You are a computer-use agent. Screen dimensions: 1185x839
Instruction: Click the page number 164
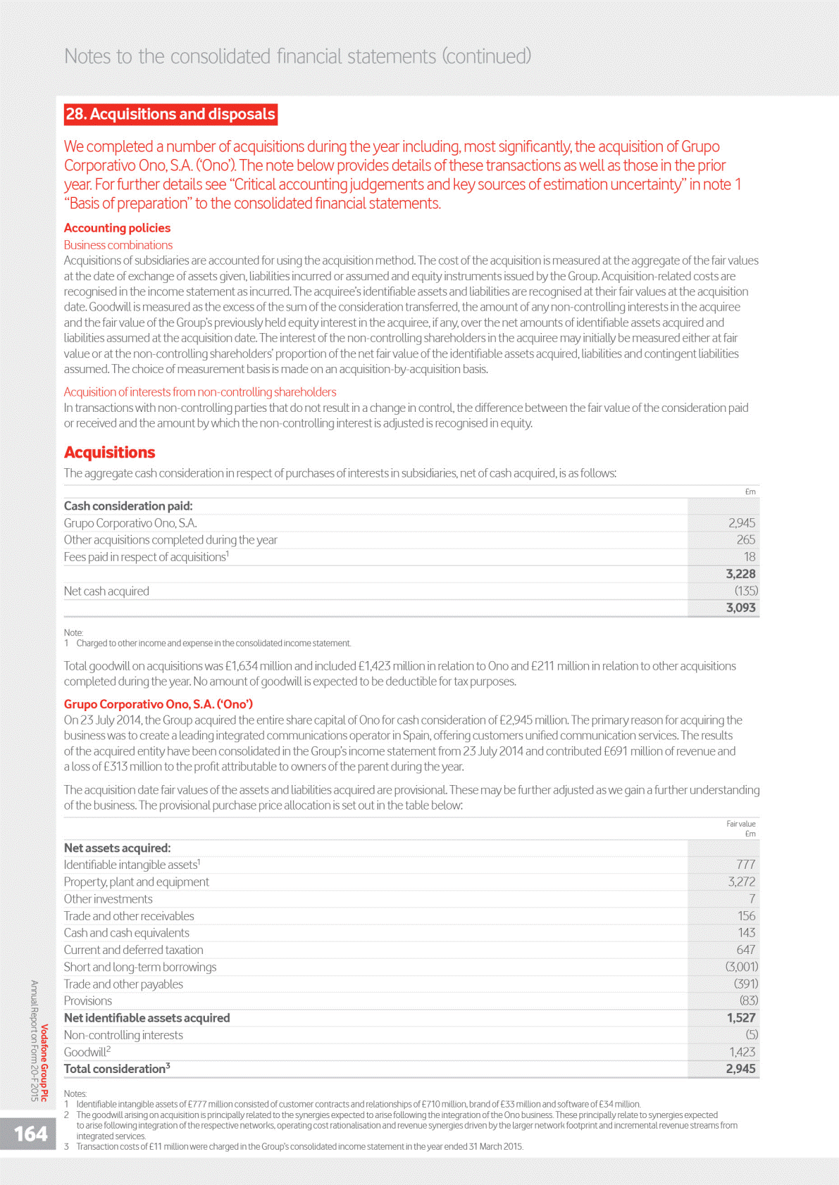[31, 1134]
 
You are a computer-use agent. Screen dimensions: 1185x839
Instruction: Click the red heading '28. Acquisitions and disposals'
[170, 114]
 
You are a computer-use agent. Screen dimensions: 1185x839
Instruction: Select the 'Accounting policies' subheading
[117, 228]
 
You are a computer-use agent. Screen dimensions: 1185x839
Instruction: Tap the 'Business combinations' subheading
[118, 245]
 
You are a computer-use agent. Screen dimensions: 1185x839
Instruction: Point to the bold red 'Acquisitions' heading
[109, 452]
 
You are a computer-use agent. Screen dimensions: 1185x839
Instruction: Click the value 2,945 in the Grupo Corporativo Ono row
[741, 523]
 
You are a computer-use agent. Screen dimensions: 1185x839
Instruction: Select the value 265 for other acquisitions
[745, 540]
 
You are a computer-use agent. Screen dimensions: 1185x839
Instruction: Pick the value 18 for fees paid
[750, 557]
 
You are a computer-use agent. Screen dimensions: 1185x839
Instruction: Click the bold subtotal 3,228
[740, 574]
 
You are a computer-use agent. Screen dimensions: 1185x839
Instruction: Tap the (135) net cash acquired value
[746, 591]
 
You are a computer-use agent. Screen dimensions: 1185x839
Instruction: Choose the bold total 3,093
[740, 608]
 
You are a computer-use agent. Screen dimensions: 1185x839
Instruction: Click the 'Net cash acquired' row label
[106, 591]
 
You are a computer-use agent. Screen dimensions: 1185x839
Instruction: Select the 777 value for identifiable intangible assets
[745, 865]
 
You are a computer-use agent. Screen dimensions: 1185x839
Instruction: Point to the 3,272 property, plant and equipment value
[741, 882]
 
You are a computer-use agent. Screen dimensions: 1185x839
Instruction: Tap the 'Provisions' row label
[88, 1001]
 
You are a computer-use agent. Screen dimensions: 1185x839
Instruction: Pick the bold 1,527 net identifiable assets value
[741, 1018]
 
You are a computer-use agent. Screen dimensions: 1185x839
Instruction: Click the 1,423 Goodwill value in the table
[742, 1052]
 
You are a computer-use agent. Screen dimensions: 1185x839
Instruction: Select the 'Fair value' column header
[740, 824]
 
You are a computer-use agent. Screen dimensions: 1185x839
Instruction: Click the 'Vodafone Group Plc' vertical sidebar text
[45, 1062]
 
